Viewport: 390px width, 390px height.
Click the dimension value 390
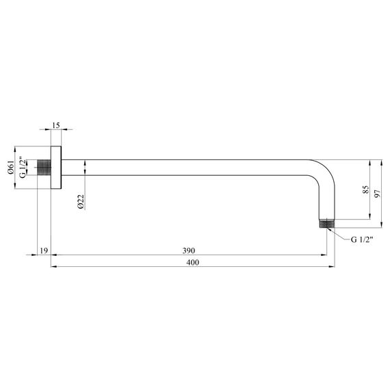point(189,250)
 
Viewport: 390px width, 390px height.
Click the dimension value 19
point(44,251)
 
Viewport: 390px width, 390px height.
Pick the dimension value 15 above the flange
point(56,125)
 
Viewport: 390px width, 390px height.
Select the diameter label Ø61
point(11,168)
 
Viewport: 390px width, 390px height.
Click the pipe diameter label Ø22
point(80,202)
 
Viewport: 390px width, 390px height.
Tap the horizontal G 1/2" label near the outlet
point(363,239)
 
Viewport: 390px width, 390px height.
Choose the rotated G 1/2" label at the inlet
point(23,168)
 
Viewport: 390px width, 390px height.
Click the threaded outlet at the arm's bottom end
point(328,223)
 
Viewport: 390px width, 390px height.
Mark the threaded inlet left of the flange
point(44,168)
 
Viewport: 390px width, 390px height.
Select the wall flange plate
point(57,168)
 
